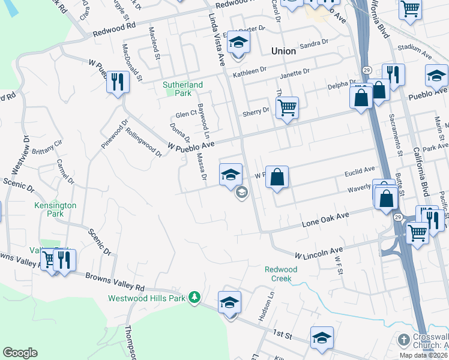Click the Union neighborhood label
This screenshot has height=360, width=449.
pyautogui.click(x=283, y=51)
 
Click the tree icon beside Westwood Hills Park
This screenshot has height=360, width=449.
pyautogui.click(x=194, y=297)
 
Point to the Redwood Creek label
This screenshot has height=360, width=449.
pyautogui.click(x=281, y=274)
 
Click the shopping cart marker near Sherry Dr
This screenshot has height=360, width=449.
pyautogui.click(x=287, y=108)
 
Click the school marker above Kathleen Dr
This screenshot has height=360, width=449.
pyautogui.click(x=238, y=43)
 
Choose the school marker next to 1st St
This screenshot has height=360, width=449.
pyautogui.click(x=322, y=337)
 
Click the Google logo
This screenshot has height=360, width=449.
pyautogui.click(x=20, y=353)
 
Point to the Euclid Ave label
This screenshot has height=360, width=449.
pyautogui.click(x=360, y=170)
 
